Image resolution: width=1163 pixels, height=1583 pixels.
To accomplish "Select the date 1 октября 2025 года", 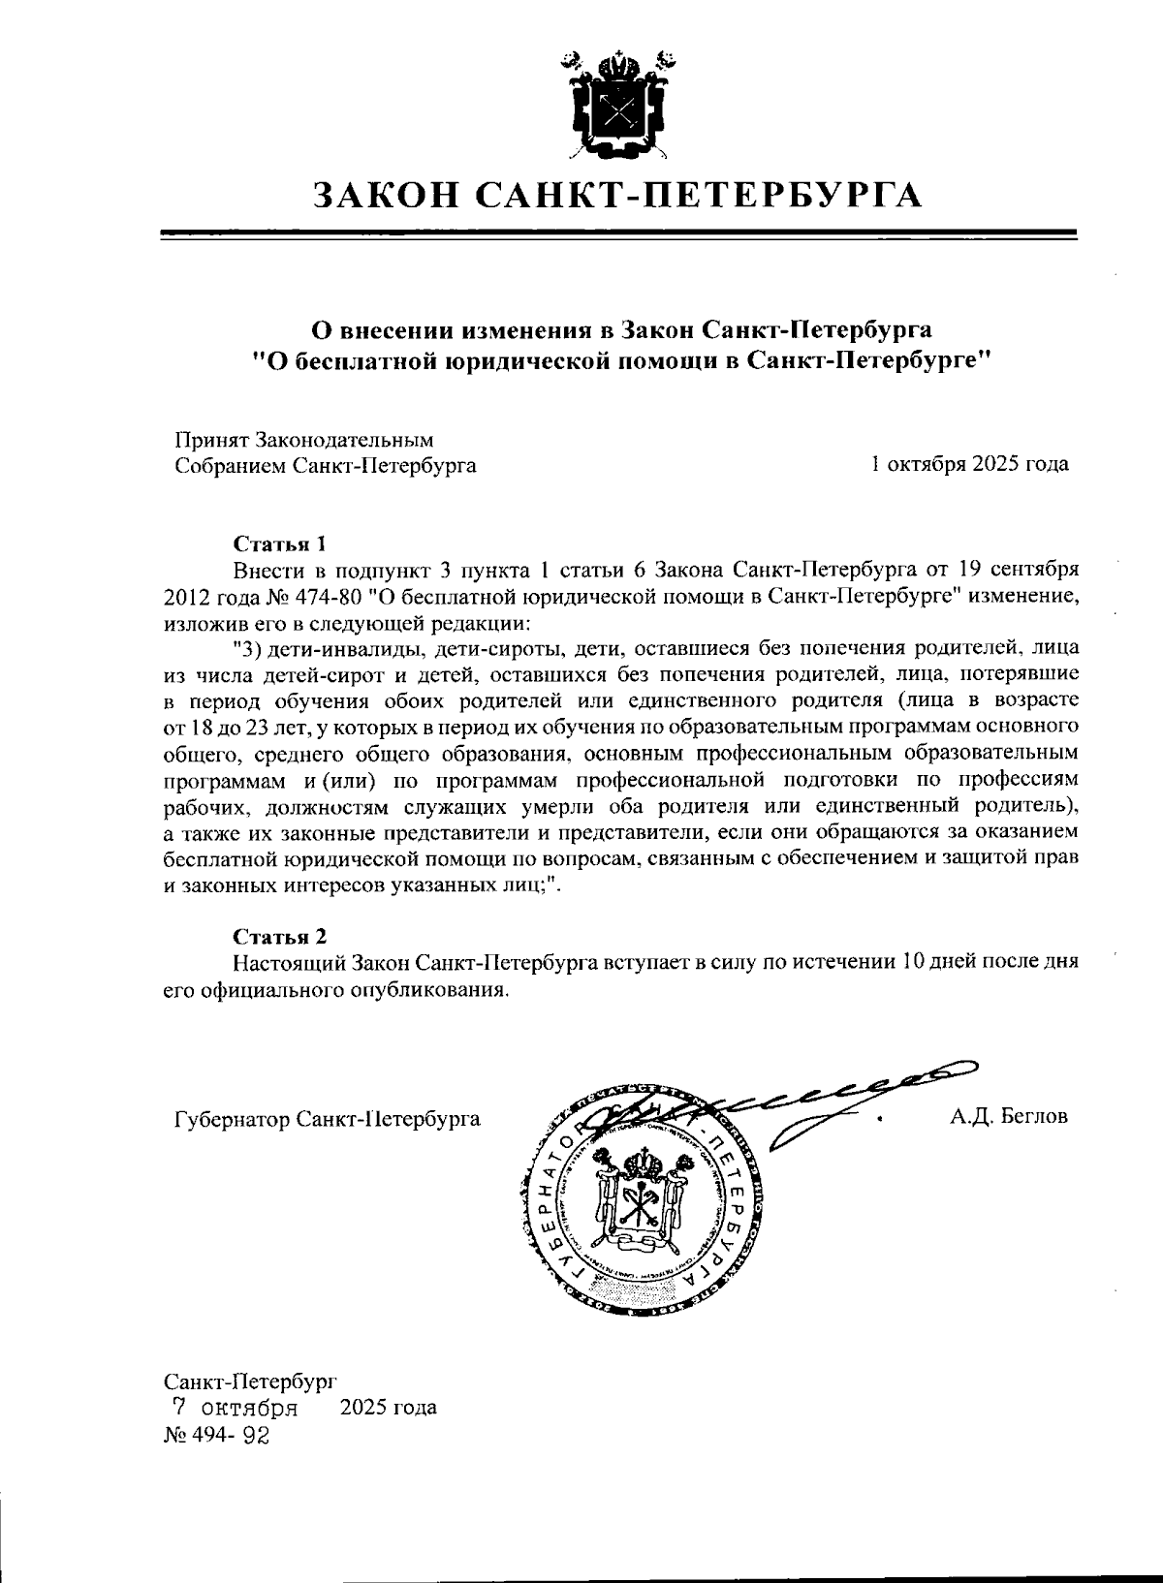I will pos(970,464).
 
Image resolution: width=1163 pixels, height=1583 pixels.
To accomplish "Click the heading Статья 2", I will pos(280,936).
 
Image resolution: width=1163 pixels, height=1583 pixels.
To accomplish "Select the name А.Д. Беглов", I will pos(1009,1116).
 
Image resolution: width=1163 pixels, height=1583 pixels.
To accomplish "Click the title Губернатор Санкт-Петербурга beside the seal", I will pos(328,1120).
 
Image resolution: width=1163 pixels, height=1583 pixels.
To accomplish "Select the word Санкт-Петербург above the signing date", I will pos(249,1379).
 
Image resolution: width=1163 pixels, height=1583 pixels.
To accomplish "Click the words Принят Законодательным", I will pos(303,439).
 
